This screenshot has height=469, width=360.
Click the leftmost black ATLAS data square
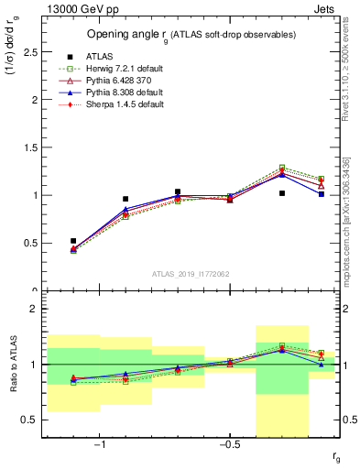click(x=73, y=241)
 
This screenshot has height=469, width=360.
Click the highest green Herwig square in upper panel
click(x=282, y=168)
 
